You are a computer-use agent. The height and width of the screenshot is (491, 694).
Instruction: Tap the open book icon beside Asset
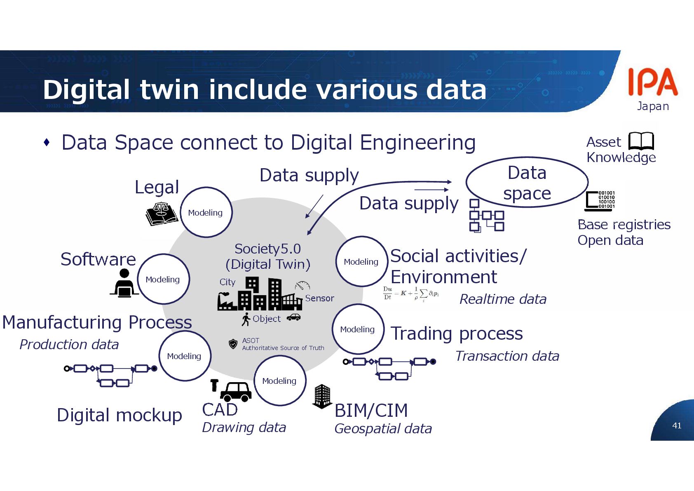(x=641, y=141)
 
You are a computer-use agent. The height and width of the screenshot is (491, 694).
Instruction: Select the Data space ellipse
(x=527, y=183)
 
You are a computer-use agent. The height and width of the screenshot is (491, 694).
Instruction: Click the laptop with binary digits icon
(x=600, y=201)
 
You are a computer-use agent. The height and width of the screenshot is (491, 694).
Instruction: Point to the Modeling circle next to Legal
(x=206, y=212)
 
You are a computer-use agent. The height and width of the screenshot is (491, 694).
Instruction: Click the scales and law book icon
(x=162, y=214)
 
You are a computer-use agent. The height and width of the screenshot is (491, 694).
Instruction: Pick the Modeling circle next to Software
(x=163, y=279)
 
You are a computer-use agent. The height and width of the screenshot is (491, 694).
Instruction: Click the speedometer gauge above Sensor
(x=302, y=286)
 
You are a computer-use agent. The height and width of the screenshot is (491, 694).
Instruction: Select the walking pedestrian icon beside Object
(x=246, y=319)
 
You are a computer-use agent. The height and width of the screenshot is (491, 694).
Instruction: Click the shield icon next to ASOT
(x=233, y=344)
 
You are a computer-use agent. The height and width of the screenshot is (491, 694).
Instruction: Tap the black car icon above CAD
(x=236, y=392)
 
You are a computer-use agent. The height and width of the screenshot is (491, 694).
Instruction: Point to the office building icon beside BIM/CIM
(x=322, y=396)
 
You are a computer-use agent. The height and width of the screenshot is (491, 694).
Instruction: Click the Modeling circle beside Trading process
(x=358, y=329)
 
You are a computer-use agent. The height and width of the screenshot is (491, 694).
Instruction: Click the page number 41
(x=677, y=425)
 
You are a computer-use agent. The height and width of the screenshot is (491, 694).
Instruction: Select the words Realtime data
(x=503, y=299)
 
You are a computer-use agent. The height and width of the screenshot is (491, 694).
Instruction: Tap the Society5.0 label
(x=267, y=249)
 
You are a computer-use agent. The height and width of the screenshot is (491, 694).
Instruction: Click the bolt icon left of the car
(x=214, y=385)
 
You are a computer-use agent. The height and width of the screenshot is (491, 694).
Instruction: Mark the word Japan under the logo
(x=653, y=106)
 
